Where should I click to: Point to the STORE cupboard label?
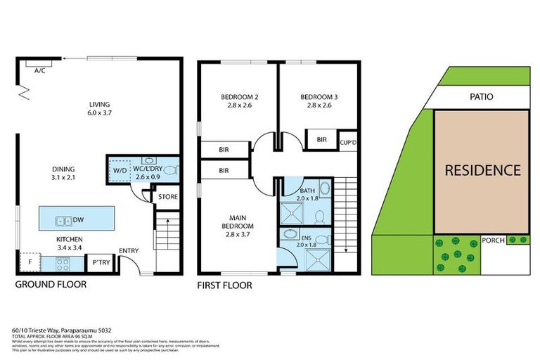[x=167, y=197]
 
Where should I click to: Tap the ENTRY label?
[x=129, y=251]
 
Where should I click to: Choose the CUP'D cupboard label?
[x=349, y=142]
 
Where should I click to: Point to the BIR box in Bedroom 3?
[x=321, y=140]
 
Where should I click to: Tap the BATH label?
[x=307, y=191]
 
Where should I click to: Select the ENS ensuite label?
[x=307, y=238]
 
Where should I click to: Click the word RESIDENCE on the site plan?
[x=482, y=170]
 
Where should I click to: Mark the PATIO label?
[x=482, y=96]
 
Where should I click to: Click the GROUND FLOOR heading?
[x=51, y=285]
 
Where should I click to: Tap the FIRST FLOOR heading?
[x=224, y=285]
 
